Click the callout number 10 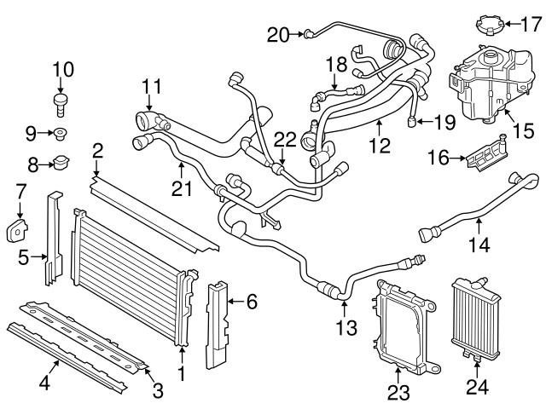pyautogui.click(x=63, y=68)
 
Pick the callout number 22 pyautogui.click(x=285, y=139)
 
